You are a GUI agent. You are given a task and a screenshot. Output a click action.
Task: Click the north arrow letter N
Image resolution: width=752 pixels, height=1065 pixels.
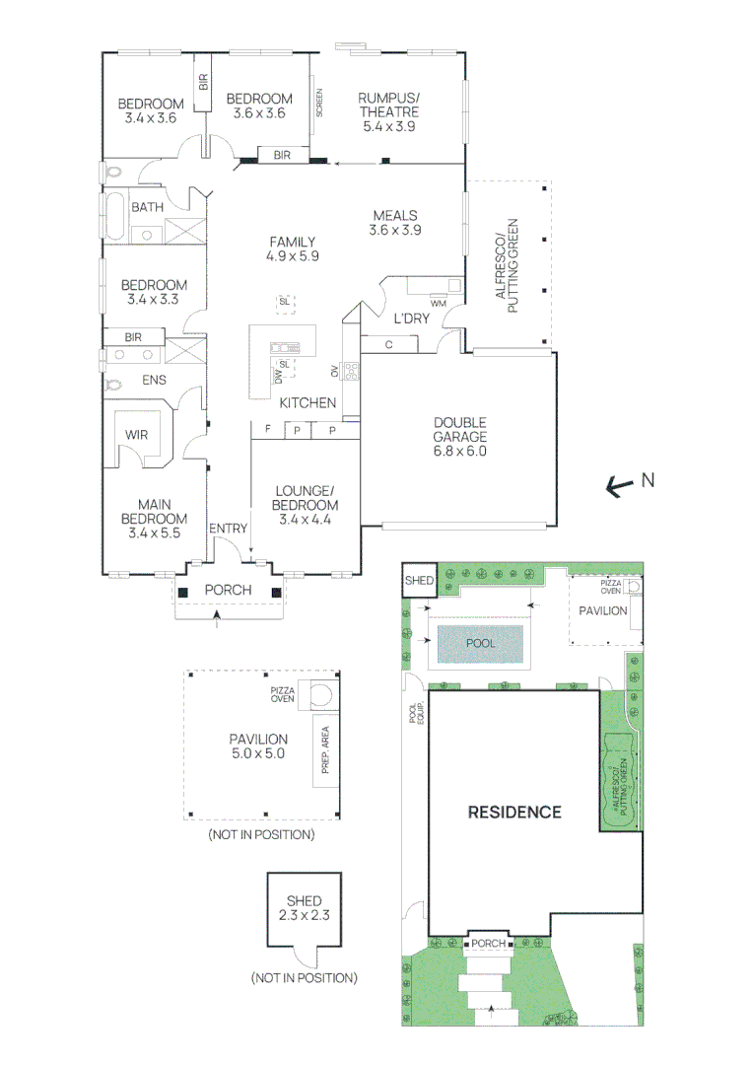648,480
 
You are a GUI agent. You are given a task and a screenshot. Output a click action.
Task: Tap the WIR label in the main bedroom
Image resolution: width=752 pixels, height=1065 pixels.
135,435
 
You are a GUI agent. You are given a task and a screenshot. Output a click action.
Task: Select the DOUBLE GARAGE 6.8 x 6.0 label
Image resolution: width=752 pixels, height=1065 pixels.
460,437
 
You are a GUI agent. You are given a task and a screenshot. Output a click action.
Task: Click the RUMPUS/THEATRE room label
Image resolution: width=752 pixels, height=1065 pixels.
388,111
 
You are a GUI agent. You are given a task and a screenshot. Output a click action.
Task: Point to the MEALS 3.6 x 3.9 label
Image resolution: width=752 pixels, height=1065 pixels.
394,223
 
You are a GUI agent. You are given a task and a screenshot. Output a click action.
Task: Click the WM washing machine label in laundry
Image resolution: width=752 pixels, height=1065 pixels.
438,302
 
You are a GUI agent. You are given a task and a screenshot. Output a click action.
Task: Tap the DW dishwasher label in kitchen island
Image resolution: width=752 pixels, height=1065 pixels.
279,375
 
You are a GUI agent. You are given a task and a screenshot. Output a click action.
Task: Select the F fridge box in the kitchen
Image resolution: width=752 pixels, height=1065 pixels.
267,430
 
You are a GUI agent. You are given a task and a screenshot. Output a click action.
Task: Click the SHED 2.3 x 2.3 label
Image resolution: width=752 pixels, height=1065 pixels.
304,908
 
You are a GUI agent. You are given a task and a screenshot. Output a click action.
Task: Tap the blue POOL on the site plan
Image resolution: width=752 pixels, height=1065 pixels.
482,643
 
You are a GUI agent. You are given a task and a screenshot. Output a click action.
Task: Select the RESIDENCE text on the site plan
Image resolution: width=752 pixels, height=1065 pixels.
513,813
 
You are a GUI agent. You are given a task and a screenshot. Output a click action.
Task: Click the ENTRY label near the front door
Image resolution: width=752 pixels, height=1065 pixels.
228,529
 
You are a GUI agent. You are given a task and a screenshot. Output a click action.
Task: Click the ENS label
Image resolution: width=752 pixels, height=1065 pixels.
155,380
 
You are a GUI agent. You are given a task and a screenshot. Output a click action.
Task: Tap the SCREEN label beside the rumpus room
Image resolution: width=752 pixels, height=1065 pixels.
318,104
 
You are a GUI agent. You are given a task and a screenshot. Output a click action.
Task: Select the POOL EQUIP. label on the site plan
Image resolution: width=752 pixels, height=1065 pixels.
415,714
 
